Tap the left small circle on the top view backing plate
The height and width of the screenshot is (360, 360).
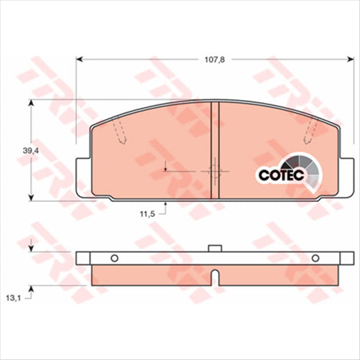[113, 259]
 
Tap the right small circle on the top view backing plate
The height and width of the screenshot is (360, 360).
[315, 259]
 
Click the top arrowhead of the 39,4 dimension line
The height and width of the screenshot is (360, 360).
[31, 103]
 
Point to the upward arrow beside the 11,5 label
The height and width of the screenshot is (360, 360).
[165, 208]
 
